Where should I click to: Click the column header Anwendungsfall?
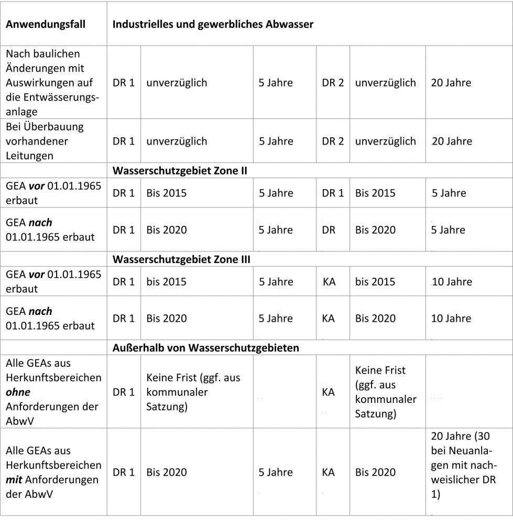coord(46,25)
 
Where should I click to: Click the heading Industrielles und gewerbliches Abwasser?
coord(213,25)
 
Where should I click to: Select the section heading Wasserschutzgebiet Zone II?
coord(180,170)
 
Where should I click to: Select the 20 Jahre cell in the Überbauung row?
coord(451,141)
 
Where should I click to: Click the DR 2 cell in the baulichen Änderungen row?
coord(333,83)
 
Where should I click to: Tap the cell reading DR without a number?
coord(329,230)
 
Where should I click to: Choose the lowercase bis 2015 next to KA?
coord(375,282)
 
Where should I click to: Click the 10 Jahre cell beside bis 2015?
coord(452,282)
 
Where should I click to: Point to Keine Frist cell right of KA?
coord(386,392)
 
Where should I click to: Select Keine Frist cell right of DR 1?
coord(193,392)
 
